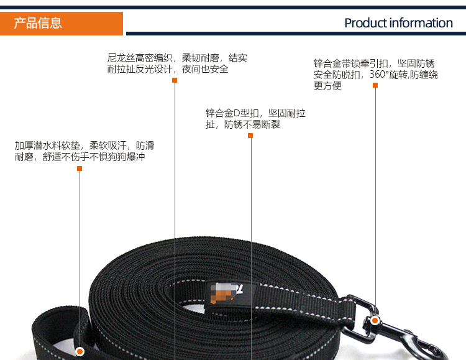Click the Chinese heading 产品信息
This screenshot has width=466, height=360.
(38, 23)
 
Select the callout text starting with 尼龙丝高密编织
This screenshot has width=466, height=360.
(177, 63)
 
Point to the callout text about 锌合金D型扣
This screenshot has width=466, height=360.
(255, 119)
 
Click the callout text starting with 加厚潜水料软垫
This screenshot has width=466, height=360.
(85, 151)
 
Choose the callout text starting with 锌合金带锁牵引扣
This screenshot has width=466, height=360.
(376, 75)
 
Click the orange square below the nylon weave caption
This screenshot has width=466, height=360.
(175, 80)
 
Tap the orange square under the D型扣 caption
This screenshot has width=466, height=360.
(250, 136)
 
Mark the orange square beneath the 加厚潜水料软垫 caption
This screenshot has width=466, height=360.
(80, 168)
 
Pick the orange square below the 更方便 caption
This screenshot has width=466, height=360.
(375, 85)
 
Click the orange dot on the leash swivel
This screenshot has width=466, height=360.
(375, 320)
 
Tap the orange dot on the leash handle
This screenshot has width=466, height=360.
(80, 352)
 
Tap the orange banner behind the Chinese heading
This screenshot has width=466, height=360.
(62, 24)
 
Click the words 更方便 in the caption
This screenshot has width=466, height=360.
(327, 86)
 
